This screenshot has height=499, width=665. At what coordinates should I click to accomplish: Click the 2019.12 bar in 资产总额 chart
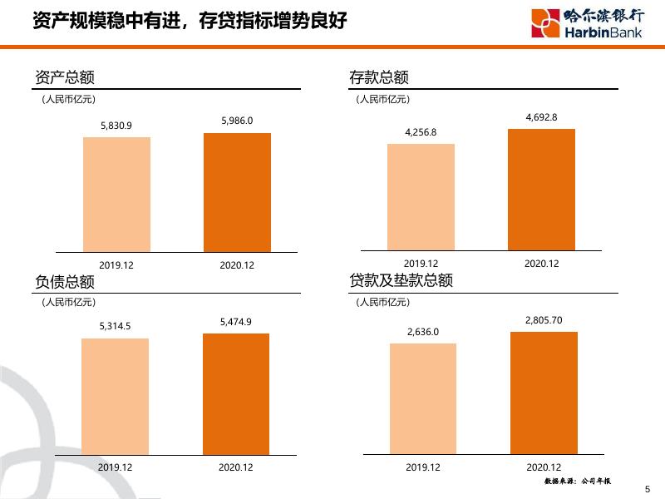116,194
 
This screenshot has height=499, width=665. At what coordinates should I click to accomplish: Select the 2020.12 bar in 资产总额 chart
237,192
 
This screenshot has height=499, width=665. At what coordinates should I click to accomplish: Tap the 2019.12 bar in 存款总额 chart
421,197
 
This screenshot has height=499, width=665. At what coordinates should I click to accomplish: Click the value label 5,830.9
116,126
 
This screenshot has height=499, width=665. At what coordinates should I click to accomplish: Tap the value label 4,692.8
541,118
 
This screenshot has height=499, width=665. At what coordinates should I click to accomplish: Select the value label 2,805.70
544,320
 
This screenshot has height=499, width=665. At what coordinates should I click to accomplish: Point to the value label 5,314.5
115,327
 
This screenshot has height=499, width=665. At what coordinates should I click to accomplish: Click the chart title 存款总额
379,78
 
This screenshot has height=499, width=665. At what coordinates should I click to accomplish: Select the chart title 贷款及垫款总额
401,281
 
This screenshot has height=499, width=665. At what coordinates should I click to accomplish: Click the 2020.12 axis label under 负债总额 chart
236,467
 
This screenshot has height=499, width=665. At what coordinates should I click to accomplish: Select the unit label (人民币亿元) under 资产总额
69,100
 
